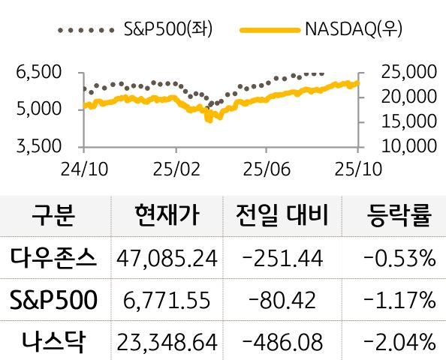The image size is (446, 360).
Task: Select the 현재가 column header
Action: pos(167,216)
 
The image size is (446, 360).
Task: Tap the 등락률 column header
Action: pos(398,216)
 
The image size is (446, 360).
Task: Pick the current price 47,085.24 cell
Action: pos(167,259)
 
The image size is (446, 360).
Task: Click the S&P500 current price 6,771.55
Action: pos(167,301)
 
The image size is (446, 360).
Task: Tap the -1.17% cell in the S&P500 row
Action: pos(399,301)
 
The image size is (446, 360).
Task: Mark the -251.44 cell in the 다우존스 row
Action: pos(284,259)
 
